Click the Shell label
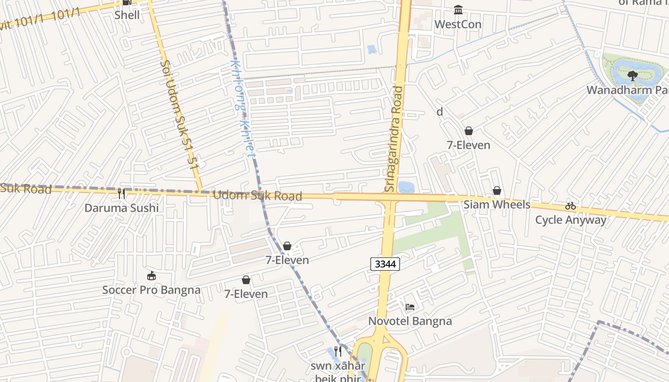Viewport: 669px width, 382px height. pos(127,15)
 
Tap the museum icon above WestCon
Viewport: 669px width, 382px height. pos(458,10)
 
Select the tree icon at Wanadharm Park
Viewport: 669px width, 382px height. pos(632,75)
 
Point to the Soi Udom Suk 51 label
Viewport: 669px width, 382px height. pos(179,115)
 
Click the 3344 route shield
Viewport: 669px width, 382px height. pos(385,264)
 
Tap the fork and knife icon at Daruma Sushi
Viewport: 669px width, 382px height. pos(121,193)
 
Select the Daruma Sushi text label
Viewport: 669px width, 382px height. pos(121,208)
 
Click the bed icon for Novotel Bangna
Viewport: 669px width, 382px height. pos(410,307)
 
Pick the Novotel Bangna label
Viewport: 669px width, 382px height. pos(410,321)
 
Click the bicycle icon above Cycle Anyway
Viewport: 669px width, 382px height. pos(570,206)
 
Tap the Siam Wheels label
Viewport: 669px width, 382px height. pos(497,205)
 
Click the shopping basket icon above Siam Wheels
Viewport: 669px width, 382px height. pos(497,191)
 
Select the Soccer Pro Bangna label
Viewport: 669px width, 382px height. pos(151,290)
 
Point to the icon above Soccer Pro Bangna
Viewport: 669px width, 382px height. pos(151,276)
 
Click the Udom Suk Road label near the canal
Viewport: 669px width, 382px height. pos(257,195)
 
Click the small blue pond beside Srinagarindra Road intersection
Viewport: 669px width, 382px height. pos(406,187)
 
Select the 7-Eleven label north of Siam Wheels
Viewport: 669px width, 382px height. pos(468,145)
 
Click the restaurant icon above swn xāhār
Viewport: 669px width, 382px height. pos(337,351)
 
